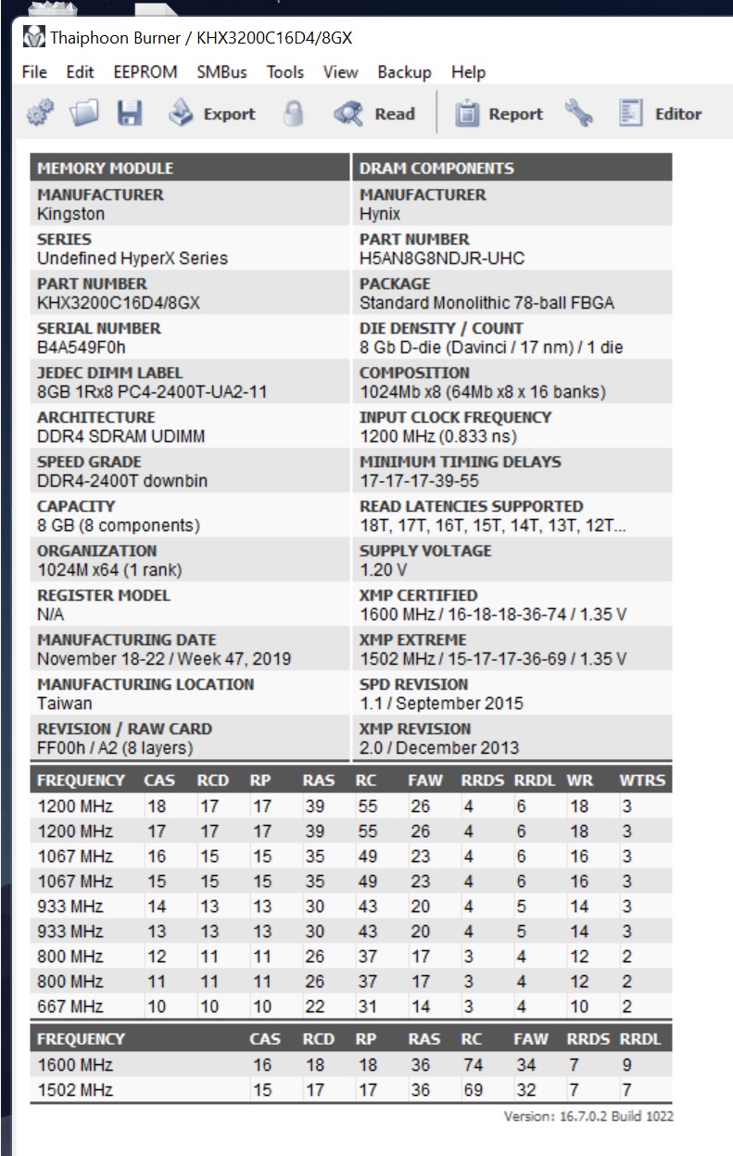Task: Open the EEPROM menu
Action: tap(145, 72)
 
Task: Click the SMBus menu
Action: tap(221, 72)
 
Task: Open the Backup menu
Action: tap(404, 72)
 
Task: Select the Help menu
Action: tap(468, 72)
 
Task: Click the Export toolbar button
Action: tap(212, 114)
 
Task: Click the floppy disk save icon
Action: tap(129, 114)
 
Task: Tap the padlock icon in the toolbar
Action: tap(294, 114)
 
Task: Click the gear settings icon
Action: tap(40, 114)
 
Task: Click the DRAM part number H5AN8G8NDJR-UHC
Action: tap(442, 258)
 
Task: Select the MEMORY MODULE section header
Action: tap(105, 169)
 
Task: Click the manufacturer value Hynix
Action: tap(380, 213)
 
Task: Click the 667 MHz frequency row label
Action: tap(70, 1006)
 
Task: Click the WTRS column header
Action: tap(642, 781)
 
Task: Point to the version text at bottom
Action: tap(588, 1116)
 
